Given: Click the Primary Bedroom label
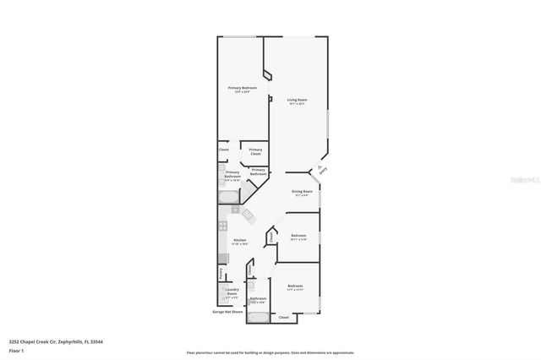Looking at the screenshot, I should (242, 88).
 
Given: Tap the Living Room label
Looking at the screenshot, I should (297, 100).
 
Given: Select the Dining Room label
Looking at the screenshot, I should (303, 192).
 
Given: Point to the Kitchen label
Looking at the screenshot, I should (239, 241).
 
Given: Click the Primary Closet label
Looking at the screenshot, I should (255, 151).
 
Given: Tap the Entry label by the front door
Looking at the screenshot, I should (322, 171).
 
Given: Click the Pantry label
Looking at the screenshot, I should (221, 273).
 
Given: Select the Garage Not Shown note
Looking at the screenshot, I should (227, 312).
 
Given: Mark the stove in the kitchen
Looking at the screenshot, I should (221, 226).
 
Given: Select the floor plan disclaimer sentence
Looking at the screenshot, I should (270, 352).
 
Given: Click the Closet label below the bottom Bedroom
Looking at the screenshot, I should (283, 317).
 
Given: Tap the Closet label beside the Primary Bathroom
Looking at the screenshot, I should (224, 150).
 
